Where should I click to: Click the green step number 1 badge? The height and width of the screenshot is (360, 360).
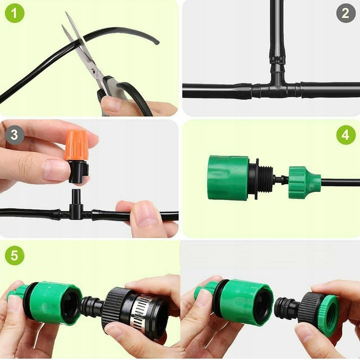[x=14, y=13]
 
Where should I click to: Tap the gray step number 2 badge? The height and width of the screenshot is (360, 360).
[x=346, y=13]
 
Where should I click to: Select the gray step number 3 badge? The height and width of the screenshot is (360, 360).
[x=14, y=135]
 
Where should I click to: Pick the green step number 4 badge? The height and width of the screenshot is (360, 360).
[x=346, y=135]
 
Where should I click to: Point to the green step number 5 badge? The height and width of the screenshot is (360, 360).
[x=14, y=255]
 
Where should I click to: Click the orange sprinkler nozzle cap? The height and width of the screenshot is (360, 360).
[x=77, y=145]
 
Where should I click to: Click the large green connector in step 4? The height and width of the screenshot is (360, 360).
[x=228, y=177]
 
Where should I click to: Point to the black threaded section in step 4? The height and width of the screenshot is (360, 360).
[x=264, y=179]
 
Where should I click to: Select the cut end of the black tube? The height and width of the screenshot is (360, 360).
[x=156, y=41]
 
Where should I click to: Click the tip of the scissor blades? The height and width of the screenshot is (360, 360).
[x=66, y=13]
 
